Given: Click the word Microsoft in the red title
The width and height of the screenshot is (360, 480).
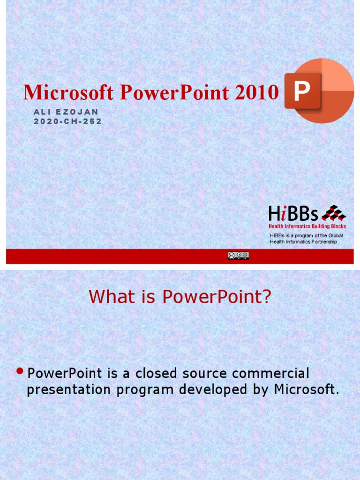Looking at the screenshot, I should tap(68, 93).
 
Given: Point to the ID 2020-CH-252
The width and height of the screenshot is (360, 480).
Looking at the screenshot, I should tap(67, 121).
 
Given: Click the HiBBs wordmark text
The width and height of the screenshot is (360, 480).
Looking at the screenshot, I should tap(293, 215).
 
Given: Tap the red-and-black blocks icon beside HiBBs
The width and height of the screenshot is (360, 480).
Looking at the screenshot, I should tap(333, 213).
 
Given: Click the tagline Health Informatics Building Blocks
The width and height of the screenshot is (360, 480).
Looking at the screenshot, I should tap(307, 226).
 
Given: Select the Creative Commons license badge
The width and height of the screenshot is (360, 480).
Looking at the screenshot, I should tap(238, 255).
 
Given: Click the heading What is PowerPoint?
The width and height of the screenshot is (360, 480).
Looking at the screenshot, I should tap(180, 297).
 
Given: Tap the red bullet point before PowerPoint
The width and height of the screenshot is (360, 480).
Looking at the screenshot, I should tap(20, 371).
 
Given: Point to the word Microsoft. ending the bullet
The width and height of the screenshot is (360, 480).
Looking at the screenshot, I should tap(307, 390).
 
